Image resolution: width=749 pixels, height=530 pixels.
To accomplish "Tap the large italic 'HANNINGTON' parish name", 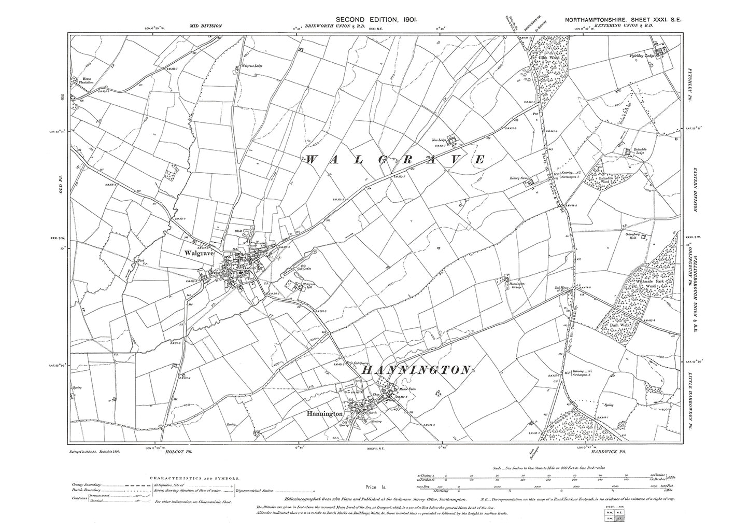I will pos(416,370).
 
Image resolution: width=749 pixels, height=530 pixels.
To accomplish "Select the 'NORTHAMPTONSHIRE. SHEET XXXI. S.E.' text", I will pos(624,20).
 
